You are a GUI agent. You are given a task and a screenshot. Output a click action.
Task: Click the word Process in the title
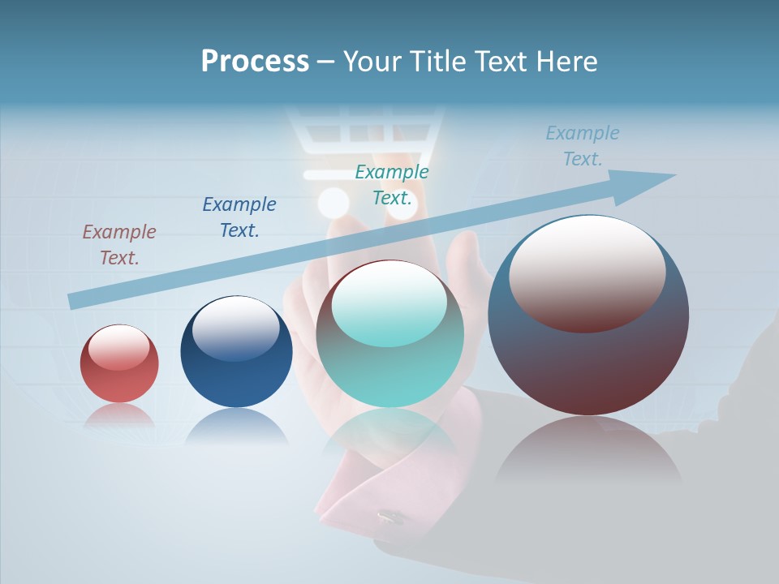[x=255, y=62]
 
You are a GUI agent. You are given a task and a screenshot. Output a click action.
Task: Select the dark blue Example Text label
[x=239, y=217]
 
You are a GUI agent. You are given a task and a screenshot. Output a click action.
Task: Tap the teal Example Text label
[x=392, y=185]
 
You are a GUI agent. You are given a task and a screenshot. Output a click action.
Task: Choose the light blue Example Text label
[x=583, y=146]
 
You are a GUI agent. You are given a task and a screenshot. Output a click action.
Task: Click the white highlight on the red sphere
[x=119, y=348]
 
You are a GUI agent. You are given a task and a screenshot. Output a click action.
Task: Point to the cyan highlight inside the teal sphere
[x=389, y=304]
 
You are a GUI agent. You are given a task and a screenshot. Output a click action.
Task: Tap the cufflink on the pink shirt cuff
[x=389, y=516]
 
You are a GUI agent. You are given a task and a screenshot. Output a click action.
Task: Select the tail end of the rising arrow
[x=75, y=301]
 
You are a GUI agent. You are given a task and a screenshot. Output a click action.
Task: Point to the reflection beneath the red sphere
[x=119, y=415]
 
